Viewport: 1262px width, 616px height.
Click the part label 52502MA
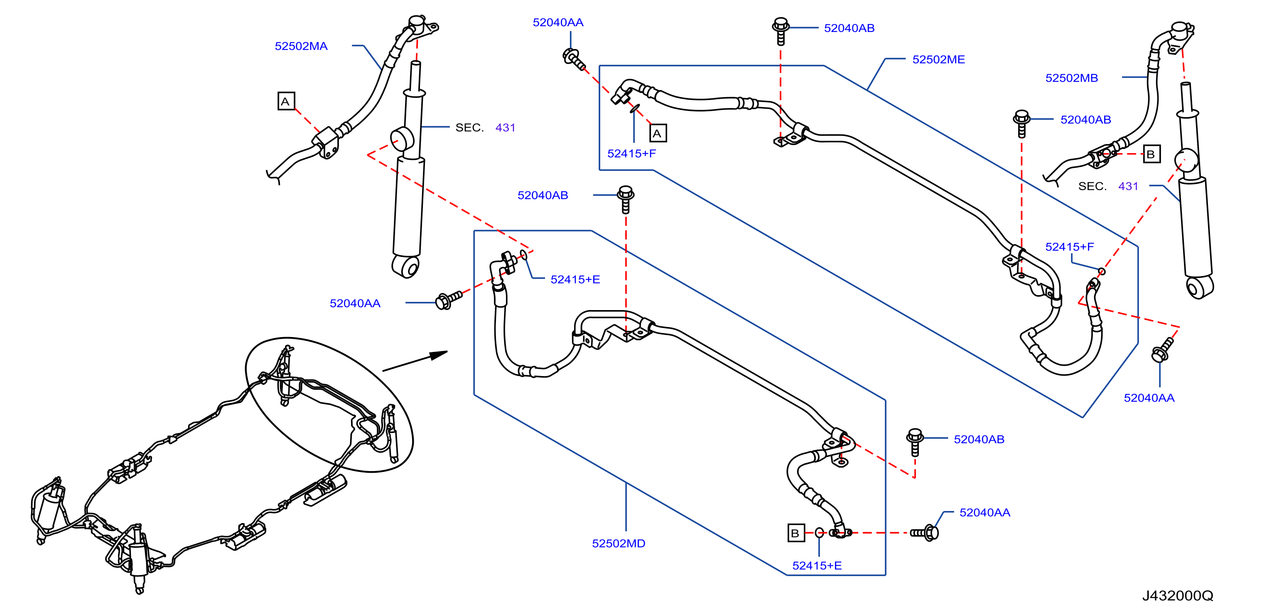tap(301, 46)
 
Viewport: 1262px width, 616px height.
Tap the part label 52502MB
tap(1071, 78)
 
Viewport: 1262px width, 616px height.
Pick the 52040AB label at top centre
tap(849, 28)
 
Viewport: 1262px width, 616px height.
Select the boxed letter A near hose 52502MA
tap(286, 101)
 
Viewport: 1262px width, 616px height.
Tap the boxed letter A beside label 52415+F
tap(658, 133)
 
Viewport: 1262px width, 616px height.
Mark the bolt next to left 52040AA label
tap(448, 299)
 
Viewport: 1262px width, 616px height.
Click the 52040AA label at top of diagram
tap(558, 22)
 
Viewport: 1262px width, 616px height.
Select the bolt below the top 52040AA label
tap(574, 59)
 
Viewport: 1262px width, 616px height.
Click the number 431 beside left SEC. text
tap(505, 127)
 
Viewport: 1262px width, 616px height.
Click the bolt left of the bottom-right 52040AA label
tap(924, 532)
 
